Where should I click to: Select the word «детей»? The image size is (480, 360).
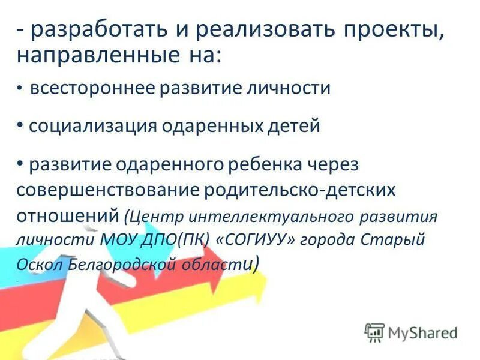(x=290, y=127)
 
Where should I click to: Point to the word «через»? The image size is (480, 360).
(x=333, y=164)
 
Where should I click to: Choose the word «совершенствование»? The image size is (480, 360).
(x=109, y=190)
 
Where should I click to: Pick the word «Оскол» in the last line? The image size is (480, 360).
(x=35, y=265)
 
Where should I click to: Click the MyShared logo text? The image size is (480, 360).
(x=423, y=332)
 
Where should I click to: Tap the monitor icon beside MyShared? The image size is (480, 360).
(x=375, y=332)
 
